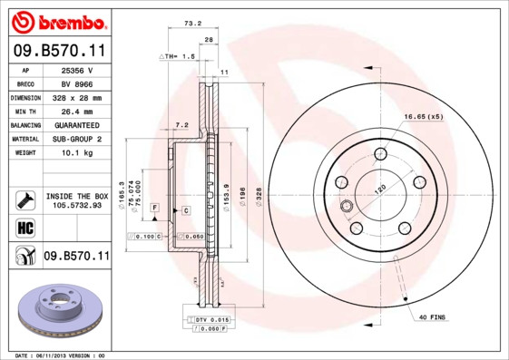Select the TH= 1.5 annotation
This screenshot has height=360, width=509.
[x=180, y=56]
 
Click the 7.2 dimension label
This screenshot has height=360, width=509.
[x=181, y=124]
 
